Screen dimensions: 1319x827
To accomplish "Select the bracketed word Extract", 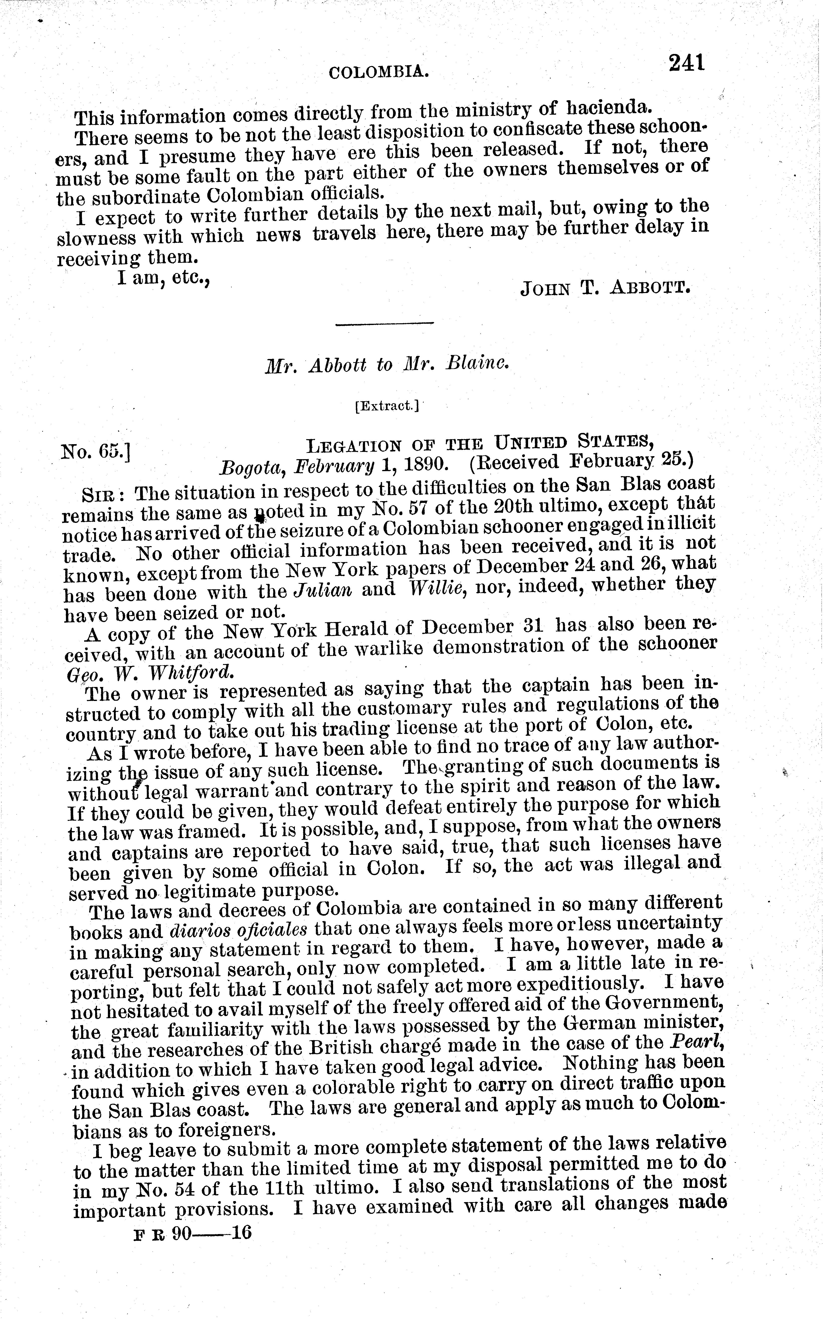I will click(387, 406).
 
